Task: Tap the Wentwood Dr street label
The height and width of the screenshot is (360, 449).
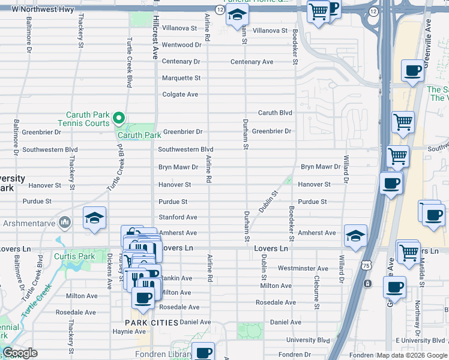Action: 181,45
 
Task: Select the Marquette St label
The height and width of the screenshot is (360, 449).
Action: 181,78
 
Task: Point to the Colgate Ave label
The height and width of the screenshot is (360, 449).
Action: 180,95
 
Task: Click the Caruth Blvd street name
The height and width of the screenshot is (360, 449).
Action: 275,113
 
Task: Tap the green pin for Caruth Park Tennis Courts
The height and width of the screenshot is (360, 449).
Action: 119,118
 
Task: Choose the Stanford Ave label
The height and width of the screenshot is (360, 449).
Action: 178,217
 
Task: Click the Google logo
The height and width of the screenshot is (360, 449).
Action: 20,353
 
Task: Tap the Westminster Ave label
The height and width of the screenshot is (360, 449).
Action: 303,269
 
